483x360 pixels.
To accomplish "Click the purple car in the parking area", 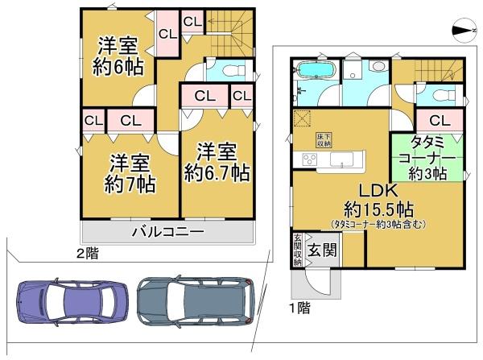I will click(68, 302).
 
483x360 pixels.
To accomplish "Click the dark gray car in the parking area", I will click(196, 302).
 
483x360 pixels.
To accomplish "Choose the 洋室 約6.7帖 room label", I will click(216, 161).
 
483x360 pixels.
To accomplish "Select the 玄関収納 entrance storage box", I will click(297, 249).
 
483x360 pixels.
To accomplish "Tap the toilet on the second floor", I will click(230, 71).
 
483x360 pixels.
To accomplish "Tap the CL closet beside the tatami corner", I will click(440, 121).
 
